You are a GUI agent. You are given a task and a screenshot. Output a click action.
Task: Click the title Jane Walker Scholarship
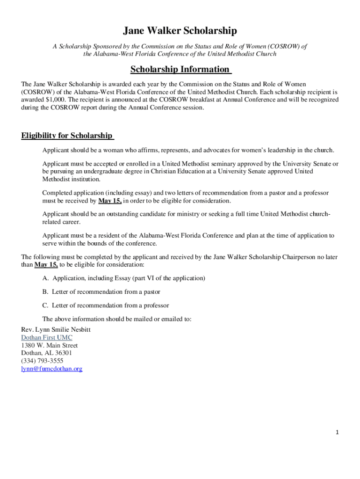click(180, 31)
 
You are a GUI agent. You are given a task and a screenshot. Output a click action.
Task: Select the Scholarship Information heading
click(180, 69)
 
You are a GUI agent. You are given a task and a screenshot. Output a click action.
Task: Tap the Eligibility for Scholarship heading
click(67, 136)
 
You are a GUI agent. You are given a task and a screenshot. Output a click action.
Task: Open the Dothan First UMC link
click(47, 337)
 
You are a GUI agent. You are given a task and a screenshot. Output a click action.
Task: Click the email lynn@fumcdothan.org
click(51, 369)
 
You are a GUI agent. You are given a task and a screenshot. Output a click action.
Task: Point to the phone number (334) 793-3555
click(42, 361)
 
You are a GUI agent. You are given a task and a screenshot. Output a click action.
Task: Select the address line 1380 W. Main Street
click(49, 345)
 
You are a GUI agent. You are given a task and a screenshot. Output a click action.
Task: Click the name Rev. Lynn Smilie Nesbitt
click(56, 329)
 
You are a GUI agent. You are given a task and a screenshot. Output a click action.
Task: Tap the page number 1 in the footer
click(337, 432)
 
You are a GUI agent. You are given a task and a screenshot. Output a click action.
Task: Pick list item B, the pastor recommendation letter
click(101, 291)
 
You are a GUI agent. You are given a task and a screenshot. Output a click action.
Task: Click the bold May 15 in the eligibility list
click(109, 201)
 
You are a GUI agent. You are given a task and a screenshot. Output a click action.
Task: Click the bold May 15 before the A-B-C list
click(46, 264)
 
